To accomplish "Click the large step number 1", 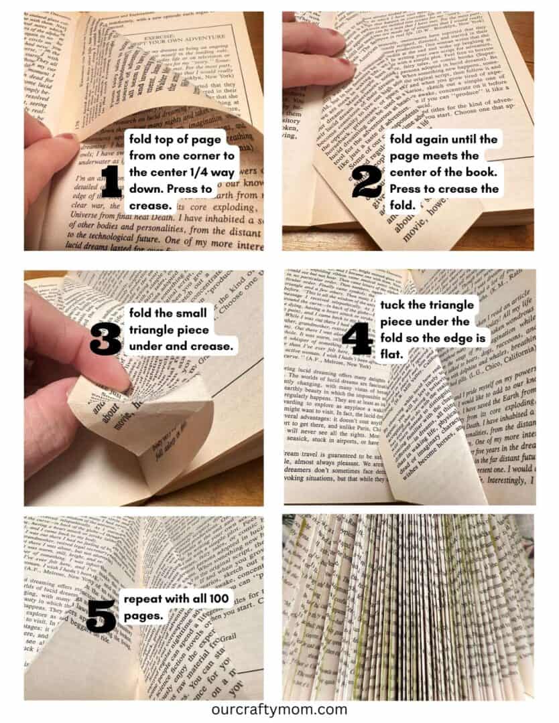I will pos(111,181).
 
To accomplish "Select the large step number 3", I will pos(105,339).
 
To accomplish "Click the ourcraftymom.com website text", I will pos(279,709).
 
